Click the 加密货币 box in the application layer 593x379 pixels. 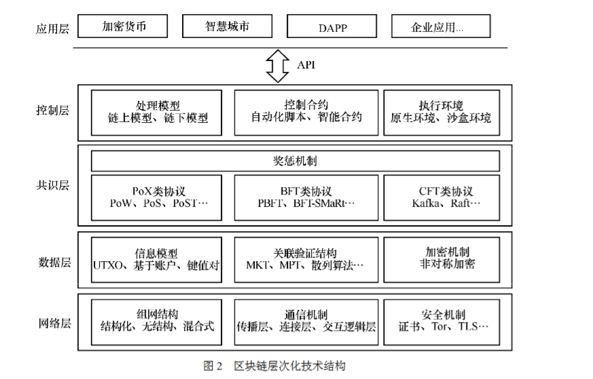click(x=124, y=28)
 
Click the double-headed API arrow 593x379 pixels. click(x=278, y=66)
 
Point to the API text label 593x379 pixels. click(x=306, y=65)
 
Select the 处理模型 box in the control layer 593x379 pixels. click(x=157, y=112)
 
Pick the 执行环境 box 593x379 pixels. click(x=441, y=112)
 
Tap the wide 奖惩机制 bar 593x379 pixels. click(x=295, y=161)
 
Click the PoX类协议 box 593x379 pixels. click(x=157, y=197)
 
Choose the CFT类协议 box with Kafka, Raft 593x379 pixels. click(x=441, y=197)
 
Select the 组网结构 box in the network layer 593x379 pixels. click(x=157, y=321)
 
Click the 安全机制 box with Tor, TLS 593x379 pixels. click(x=441, y=321)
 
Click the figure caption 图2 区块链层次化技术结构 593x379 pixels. click(x=274, y=366)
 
